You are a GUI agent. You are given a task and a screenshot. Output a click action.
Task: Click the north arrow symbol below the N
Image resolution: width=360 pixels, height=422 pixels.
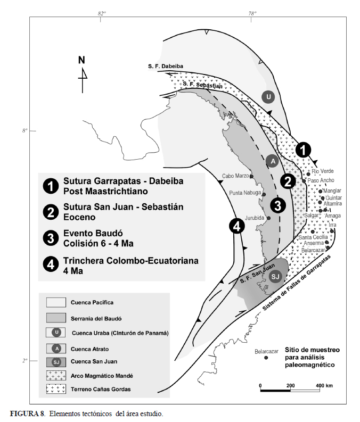[x=83, y=80]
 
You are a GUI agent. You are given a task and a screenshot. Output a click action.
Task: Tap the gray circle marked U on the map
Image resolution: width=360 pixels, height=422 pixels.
[x=268, y=96]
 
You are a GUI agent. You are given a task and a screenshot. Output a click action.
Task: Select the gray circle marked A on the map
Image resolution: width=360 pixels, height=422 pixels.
[x=273, y=161]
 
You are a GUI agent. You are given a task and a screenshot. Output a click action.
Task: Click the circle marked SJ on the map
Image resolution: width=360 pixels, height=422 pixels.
[x=275, y=276]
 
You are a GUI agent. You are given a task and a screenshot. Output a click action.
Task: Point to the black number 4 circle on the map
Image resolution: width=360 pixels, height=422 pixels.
[x=237, y=226]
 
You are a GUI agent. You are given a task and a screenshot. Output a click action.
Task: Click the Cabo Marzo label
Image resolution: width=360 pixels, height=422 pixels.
[x=235, y=176]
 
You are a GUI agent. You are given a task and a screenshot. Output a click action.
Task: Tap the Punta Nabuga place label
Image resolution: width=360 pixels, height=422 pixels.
[x=245, y=193]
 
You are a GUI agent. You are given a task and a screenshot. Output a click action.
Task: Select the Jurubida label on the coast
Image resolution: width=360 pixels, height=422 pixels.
[x=255, y=218]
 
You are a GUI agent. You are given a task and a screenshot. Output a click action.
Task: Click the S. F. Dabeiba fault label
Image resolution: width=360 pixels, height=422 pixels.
[x=166, y=66]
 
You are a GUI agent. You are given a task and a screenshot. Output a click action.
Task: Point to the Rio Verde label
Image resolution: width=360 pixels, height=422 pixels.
[x=323, y=171]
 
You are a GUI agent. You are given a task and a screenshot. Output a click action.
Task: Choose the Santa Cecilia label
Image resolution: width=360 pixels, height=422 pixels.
[x=313, y=237]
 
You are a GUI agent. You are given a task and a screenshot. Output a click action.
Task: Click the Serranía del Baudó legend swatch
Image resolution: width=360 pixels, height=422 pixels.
[x=56, y=318]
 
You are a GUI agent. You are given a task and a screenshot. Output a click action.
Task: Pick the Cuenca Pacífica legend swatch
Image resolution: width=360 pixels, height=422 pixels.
[x=56, y=302]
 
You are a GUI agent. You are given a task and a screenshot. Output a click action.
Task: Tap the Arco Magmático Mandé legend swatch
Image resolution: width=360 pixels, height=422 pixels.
[x=56, y=376]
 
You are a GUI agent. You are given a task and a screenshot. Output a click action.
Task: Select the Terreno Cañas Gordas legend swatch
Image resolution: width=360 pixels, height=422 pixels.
[x=56, y=389]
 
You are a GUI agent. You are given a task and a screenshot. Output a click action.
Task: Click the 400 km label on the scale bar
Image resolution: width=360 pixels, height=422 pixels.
[x=324, y=386]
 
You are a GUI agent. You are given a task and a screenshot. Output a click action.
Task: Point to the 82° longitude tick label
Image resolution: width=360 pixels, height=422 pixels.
[x=102, y=13]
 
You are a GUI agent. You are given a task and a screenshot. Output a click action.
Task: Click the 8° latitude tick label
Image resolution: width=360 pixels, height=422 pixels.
[x=25, y=131]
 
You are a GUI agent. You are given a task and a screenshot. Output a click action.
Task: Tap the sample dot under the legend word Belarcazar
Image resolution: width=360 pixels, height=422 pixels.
[x=266, y=358]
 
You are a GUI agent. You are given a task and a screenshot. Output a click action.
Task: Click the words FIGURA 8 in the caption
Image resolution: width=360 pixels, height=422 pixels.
[x=27, y=413]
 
